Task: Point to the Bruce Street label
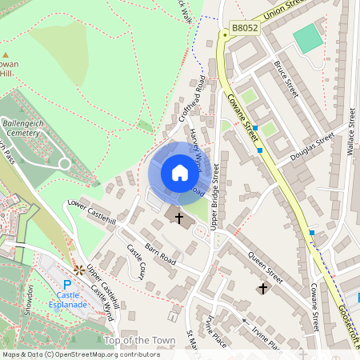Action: click(286, 78)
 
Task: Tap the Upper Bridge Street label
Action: click(215, 195)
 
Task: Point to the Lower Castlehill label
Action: click(92, 211)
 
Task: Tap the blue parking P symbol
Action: click(67, 284)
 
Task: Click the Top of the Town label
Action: click(140, 341)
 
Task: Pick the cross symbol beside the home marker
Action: click(179, 217)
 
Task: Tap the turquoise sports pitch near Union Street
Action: click(307, 38)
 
